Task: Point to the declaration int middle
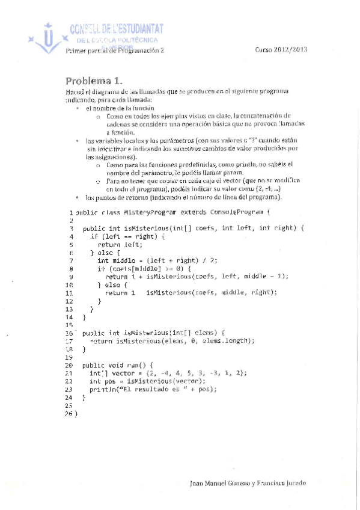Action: pos(112,260)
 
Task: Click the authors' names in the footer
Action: pos(248,483)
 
